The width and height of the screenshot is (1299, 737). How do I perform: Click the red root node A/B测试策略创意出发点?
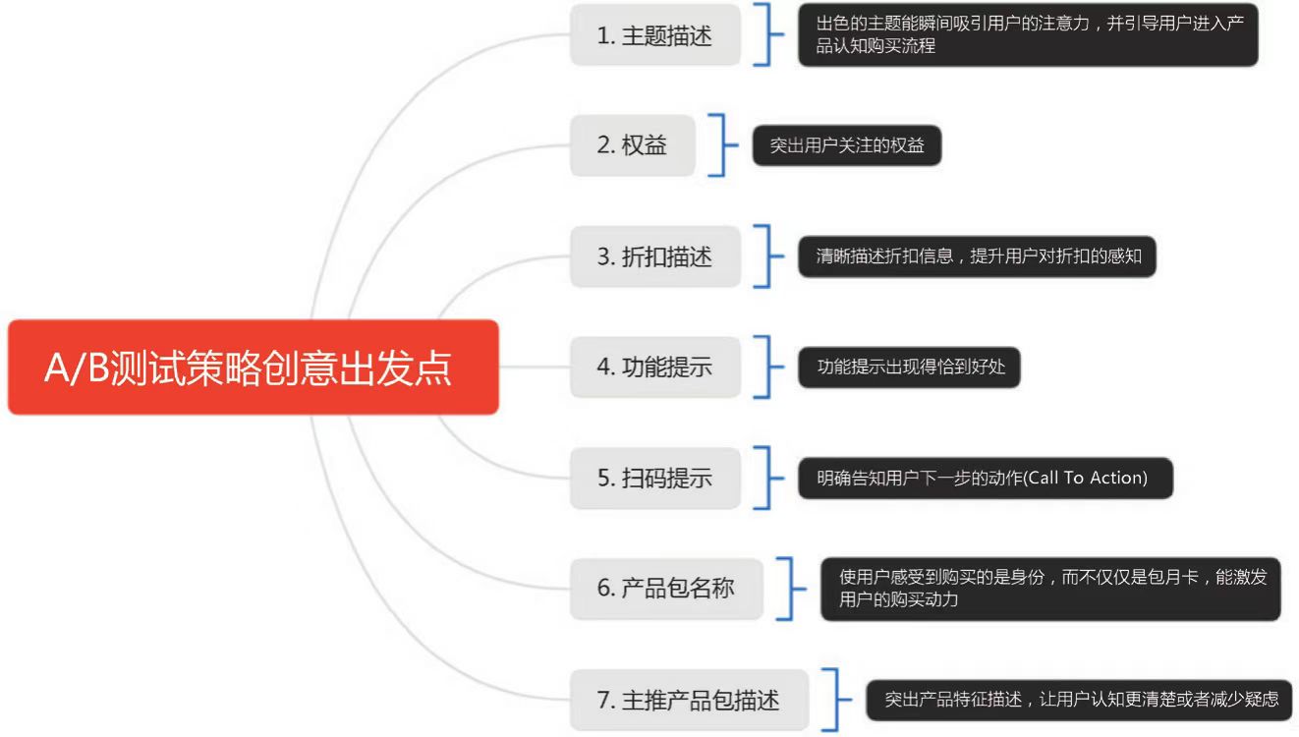[253, 368]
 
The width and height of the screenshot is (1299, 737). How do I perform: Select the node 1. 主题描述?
[654, 35]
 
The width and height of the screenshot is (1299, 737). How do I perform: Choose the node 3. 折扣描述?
[654, 256]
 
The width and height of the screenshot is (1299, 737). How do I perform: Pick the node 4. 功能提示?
[654, 368]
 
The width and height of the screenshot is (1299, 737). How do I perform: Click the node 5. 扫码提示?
[654, 479]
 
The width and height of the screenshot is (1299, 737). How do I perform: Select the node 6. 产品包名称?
[666, 589]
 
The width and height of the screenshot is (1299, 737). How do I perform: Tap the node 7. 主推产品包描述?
[689, 700]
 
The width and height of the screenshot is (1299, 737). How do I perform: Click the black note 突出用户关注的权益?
[846, 146]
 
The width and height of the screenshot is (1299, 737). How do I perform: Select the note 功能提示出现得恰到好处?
[909, 368]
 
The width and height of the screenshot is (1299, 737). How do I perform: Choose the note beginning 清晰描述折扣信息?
[976, 257]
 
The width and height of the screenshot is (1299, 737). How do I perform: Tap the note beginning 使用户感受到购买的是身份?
[1049, 589]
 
